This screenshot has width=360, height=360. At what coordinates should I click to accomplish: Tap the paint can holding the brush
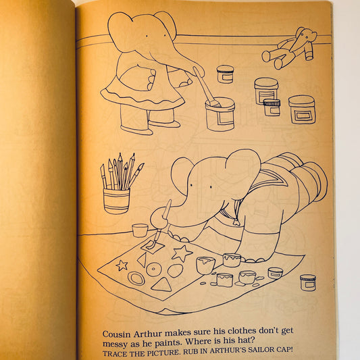click(x=220, y=113)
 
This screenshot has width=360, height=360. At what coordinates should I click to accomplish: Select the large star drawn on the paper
click(x=181, y=254)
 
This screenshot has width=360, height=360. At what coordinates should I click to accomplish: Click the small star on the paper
click(x=122, y=265)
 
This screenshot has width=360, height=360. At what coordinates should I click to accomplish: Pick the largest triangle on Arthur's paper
click(x=161, y=284)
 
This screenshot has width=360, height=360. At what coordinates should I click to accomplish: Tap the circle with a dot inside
click(x=154, y=269)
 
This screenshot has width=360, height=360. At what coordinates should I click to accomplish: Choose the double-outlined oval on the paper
click(x=136, y=278)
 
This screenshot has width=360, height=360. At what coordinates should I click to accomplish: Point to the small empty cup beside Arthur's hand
click(x=140, y=230)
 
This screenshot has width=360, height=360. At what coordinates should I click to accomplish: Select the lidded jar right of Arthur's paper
click(x=307, y=282)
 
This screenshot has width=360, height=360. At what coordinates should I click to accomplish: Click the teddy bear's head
click(x=306, y=36)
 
